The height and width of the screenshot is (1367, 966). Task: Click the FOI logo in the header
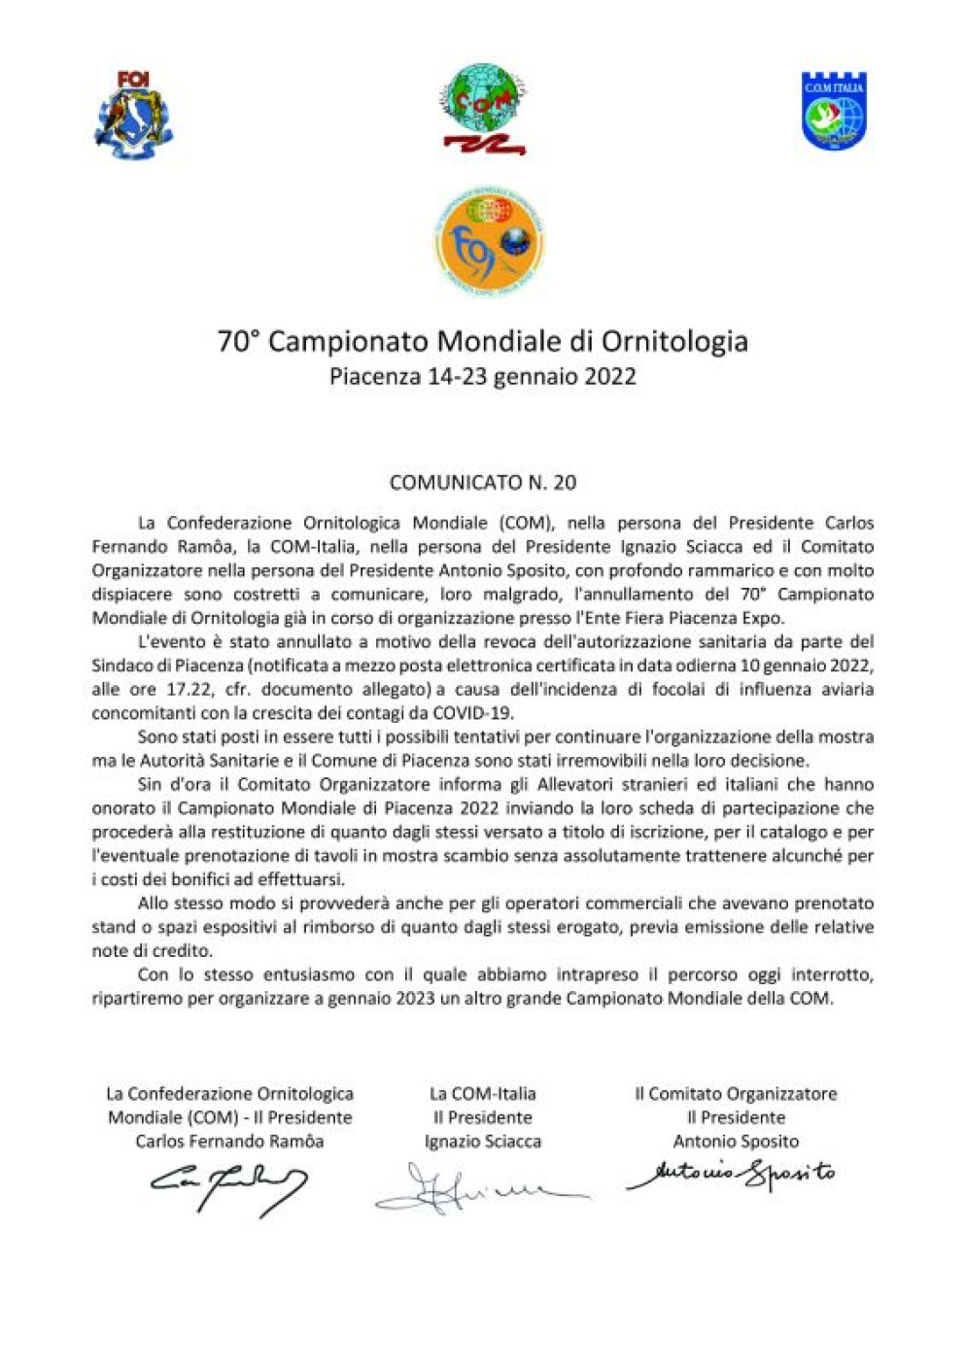coord(133,115)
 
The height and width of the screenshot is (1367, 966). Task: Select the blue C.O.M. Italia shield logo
coord(833,111)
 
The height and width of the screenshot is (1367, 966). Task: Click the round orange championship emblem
coord(488,243)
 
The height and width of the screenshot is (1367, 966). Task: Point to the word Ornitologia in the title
coord(674,342)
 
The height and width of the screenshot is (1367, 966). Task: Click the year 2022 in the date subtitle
coord(609,377)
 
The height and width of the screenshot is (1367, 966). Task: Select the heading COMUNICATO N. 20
coord(482,483)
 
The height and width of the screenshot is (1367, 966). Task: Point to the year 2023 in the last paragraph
coord(415,999)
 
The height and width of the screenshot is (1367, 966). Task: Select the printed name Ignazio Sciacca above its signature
coord(483,1142)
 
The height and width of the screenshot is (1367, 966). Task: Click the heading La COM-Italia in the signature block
coord(483,1094)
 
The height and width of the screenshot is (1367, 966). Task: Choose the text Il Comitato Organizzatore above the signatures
coord(736,1094)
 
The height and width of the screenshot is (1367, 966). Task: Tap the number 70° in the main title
coord(239,342)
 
